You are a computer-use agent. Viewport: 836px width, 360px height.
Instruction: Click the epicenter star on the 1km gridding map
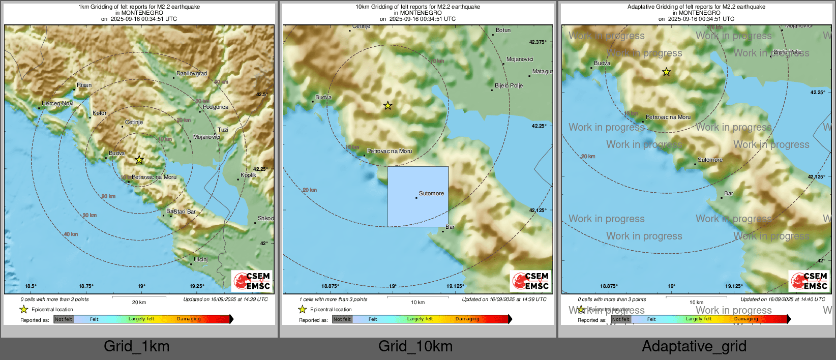click(139, 160)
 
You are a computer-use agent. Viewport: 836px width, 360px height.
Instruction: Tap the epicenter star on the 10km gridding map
click(387, 106)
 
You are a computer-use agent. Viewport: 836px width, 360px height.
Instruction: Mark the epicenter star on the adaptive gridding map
click(666, 72)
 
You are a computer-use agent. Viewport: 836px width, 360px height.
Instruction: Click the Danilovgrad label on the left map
click(192, 74)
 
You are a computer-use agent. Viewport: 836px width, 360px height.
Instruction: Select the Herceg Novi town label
click(57, 103)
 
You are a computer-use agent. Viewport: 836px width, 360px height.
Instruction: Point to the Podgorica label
click(216, 107)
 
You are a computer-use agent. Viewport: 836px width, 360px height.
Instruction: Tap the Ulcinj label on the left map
click(201, 259)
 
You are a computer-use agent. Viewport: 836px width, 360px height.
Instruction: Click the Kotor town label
click(100, 113)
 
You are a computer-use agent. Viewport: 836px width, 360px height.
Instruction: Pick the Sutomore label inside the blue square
click(431, 193)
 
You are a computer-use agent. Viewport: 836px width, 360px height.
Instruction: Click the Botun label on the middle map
click(503, 30)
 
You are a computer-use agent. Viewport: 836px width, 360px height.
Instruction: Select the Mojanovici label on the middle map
click(520, 59)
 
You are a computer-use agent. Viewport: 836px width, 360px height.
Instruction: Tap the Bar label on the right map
click(729, 193)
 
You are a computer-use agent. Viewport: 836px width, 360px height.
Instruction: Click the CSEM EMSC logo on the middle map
click(531, 281)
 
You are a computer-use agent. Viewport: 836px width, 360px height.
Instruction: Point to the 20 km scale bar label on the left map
click(139, 302)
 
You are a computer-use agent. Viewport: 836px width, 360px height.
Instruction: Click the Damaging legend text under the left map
click(189, 319)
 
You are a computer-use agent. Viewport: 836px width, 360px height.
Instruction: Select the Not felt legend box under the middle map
click(342, 319)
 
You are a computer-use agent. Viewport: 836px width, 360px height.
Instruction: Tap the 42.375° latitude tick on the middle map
click(538, 42)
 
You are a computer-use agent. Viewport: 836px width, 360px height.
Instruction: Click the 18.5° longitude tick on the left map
click(31, 286)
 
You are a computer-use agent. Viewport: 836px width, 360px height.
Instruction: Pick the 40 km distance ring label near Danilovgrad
click(221, 82)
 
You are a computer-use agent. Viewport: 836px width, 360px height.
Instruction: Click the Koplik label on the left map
click(248, 175)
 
